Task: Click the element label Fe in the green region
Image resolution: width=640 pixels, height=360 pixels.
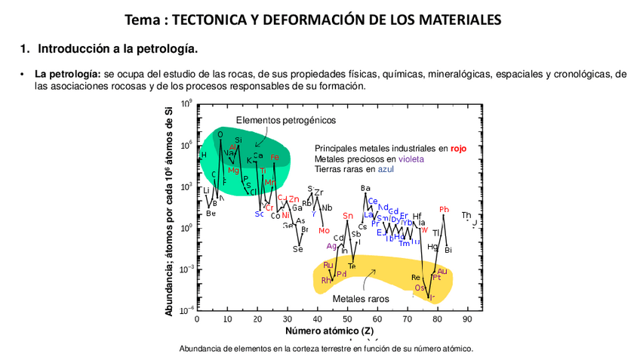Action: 275,157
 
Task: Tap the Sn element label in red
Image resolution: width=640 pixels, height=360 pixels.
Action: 348,216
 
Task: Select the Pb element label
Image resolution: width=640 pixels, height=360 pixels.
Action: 444,210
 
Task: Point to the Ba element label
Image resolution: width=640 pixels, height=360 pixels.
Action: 365,188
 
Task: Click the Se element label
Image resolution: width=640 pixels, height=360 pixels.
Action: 298,249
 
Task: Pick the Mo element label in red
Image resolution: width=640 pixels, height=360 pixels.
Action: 324,230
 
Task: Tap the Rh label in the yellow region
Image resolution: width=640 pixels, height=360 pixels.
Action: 326,280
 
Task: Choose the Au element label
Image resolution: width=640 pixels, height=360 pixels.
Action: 442,271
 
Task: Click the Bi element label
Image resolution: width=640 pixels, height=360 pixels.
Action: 448,250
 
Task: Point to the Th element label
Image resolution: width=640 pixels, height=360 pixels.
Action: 466,215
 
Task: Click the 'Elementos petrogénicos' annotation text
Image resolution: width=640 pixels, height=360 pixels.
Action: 286,120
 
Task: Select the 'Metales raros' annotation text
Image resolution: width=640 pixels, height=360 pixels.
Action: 361,299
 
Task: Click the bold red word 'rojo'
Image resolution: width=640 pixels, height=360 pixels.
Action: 458,149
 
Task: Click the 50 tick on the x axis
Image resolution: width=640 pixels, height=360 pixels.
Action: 347,319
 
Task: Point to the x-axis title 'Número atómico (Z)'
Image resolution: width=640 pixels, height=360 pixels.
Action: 330,331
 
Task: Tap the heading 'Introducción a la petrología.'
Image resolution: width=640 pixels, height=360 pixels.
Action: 118,49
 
